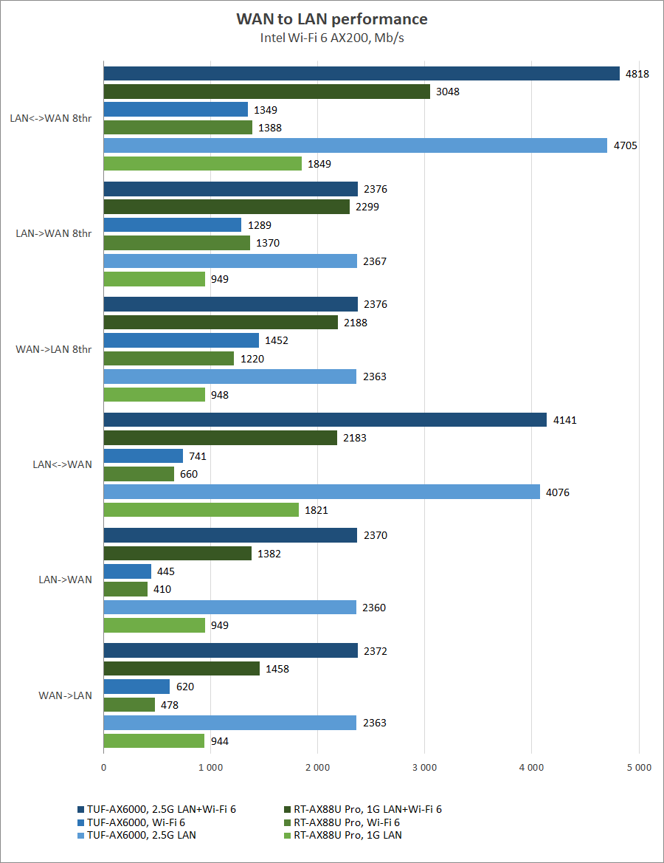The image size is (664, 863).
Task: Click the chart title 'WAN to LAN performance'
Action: [x=331, y=19]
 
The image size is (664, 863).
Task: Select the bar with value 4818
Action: [x=362, y=73]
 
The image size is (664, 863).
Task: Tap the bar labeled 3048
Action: [x=266, y=92]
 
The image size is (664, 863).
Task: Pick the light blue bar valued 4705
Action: [x=355, y=145]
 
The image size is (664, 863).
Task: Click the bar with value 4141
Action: [x=325, y=420]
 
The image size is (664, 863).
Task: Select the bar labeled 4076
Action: [x=322, y=492]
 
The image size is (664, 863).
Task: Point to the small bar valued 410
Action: [x=125, y=589]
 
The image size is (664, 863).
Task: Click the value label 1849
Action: [x=319, y=164]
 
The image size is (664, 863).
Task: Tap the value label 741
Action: [x=198, y=456]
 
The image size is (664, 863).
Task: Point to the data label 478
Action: [x=170, y=705]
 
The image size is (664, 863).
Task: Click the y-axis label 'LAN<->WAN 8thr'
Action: [x=51, y=118]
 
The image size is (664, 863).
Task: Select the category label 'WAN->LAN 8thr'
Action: [x=54, y=349]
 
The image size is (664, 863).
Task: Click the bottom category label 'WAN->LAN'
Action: [x=66, y=695]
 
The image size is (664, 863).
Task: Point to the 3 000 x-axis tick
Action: [x=424, y=768]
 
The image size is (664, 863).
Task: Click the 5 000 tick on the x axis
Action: [x=638, y=768]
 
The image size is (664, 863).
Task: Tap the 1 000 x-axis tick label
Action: [x=210, y=768]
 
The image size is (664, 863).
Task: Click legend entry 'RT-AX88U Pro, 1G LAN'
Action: [x=347, y=835]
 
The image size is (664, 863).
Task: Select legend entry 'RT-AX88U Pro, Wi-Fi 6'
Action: [x=350, y=822]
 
